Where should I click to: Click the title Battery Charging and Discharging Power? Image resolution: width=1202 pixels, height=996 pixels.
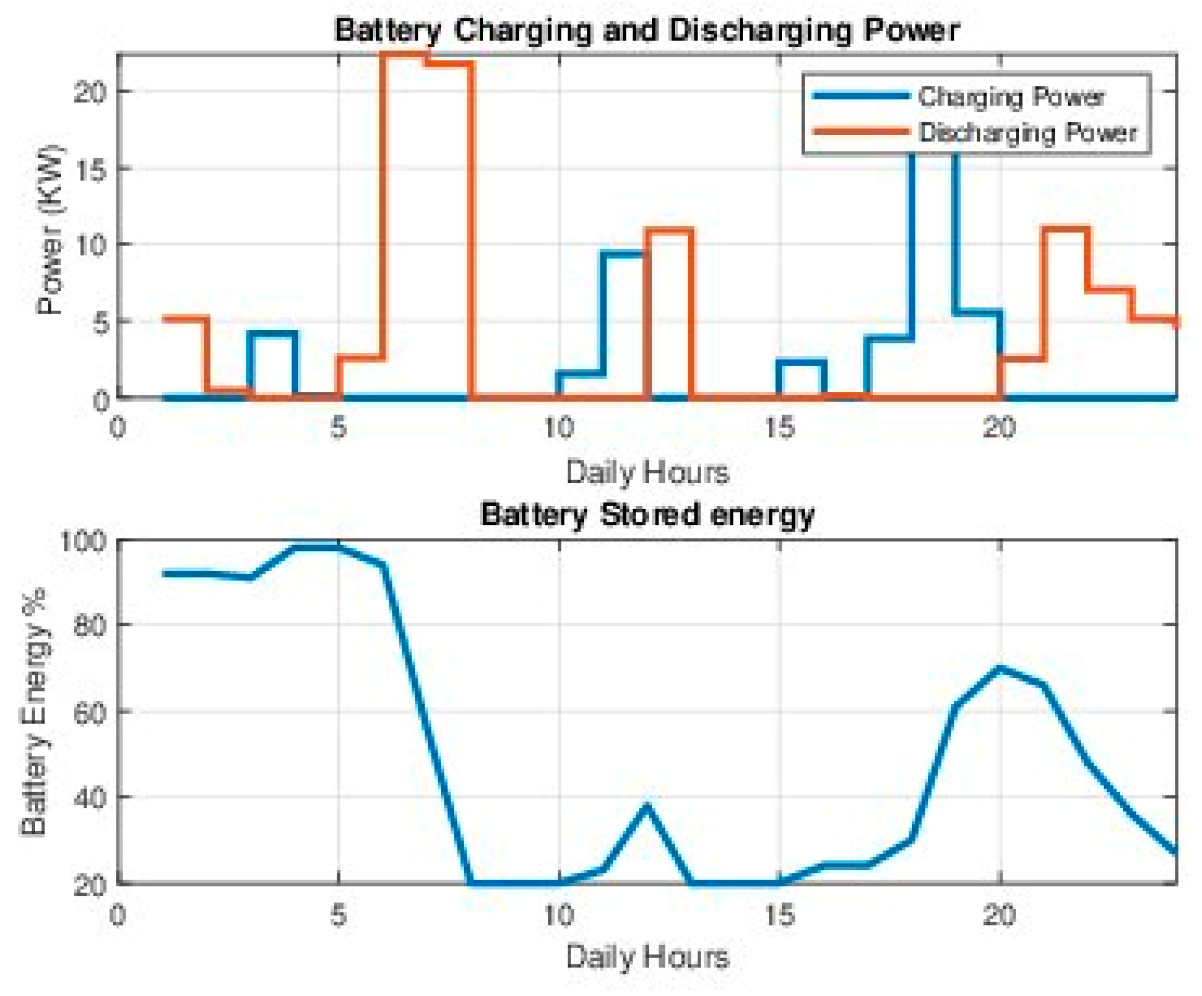647,30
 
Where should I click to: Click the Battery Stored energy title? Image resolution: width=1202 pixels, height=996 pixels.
647,514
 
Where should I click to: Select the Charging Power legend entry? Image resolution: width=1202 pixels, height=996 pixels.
1011,96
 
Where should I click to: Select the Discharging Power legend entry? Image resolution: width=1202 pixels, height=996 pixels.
1028,132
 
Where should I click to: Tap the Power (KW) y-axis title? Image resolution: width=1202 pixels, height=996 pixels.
51,229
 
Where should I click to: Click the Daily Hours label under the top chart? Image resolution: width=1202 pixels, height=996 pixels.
647,473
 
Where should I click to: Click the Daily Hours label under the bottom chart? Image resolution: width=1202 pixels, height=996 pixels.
647,957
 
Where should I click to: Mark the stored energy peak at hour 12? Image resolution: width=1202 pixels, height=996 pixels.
647,806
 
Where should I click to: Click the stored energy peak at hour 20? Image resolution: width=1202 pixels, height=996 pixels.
999,668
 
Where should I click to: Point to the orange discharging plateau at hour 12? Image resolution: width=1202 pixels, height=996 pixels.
669,231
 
